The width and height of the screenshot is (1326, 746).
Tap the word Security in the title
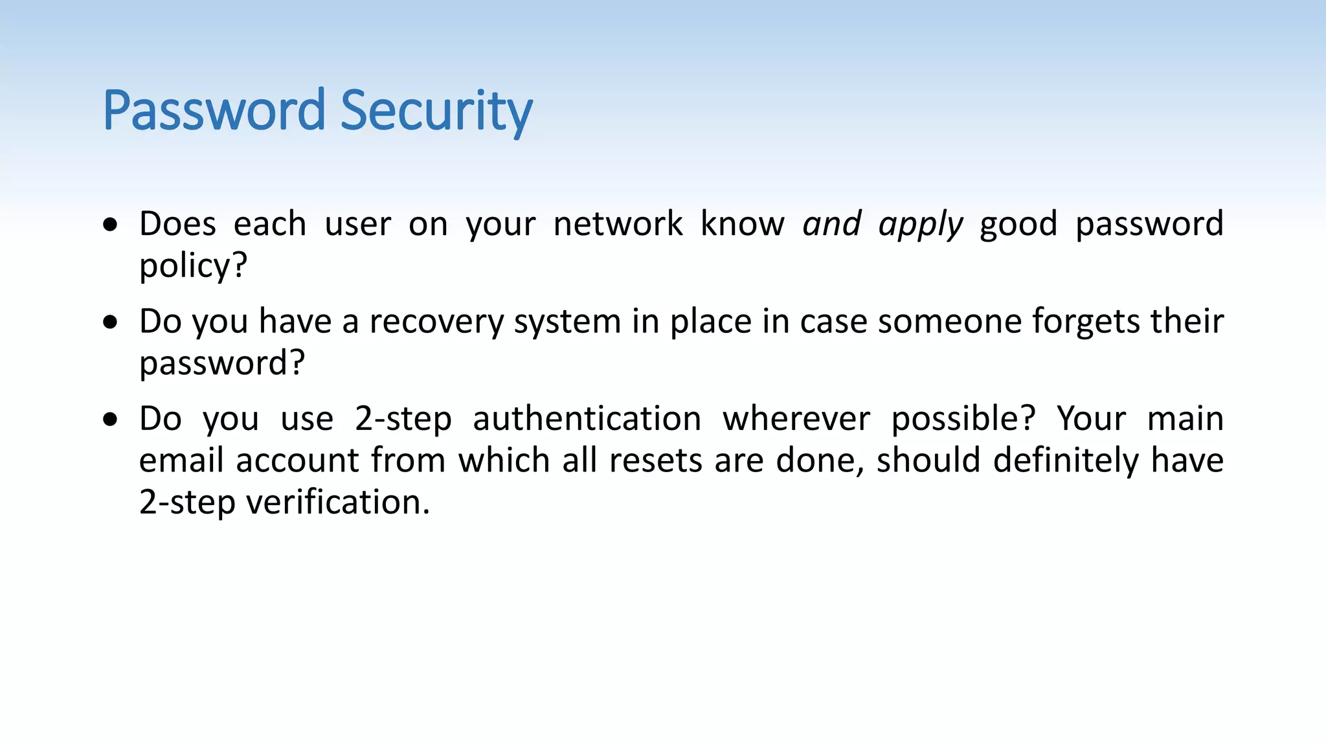(436, 111)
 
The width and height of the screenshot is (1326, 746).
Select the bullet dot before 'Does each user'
(111, 225)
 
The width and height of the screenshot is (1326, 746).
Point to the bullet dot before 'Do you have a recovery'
(111, 322)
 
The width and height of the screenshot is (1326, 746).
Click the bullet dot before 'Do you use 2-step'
(111, 419)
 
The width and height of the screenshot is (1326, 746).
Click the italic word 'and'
(832, 224)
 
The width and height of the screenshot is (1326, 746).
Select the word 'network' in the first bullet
(618, 224)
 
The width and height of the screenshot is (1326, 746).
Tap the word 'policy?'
(193, 266)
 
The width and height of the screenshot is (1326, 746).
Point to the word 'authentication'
(587, 418)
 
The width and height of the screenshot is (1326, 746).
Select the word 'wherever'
(796, 418)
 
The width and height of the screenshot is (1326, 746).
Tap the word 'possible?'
(963, 419)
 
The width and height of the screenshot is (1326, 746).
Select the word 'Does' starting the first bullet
(177, 224)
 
